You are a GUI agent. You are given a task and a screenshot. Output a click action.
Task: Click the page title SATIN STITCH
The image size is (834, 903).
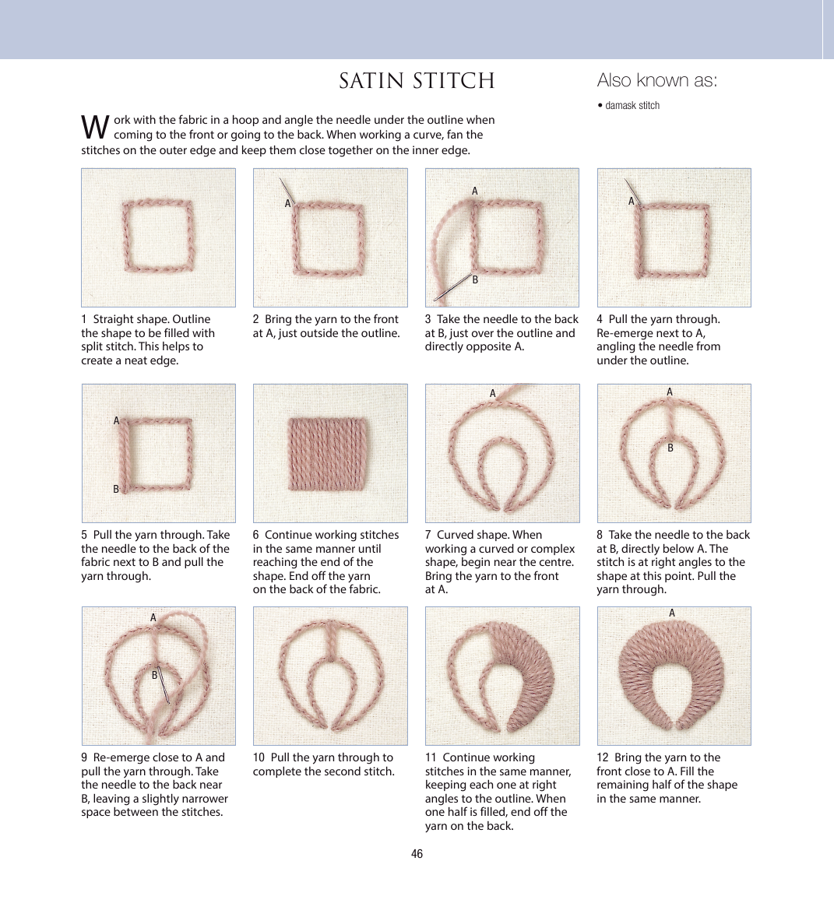pyautogui.click(x=417, y=81)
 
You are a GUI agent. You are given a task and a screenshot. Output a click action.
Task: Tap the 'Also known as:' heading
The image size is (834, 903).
pyautogui.click(x=657, y=80)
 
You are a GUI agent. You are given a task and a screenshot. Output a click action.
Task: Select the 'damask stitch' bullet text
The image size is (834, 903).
pyautogui.click(x=632, y=105)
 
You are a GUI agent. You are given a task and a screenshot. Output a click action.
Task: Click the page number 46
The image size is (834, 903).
pyautogui.click(x=417, y=853)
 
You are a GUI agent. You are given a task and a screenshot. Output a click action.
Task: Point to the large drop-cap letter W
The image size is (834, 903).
pyautogui.click(x=95, y=127)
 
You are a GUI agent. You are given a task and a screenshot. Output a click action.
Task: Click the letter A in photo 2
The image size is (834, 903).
pyautogui.click(x=288, y=203)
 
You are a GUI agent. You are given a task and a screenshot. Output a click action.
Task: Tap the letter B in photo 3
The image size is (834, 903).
pyautogui.click(x=475, y=280)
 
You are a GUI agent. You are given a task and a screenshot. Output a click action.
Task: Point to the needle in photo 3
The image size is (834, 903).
pyautogui.click(x=452, y=286)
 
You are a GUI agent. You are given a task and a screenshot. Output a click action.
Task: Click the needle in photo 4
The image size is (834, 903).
pyautogui.click(x=632, y=191)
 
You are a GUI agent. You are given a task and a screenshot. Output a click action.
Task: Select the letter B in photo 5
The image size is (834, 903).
pyautogui.click(x=116, y=489)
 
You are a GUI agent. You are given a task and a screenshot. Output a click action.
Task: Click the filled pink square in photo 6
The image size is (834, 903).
pyautogui.click(x=326, y=454)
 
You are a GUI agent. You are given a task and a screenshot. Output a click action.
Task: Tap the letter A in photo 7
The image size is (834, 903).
pyautogui.click(x=492, y=393)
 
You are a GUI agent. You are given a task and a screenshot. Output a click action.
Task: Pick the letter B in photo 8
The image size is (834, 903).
pyautogui.click(x=670, y=448)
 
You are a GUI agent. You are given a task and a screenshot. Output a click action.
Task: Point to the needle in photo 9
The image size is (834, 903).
pyautogui.click(x=164, y=683)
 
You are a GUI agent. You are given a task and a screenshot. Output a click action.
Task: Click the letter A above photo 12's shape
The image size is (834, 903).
pyautogui.click(x=671, y=613)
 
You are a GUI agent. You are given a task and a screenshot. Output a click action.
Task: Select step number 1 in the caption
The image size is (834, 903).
pyautogui.click(x=84, y=319)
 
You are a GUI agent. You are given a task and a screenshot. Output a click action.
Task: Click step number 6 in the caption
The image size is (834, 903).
pyautogui.click(x=255, y=535)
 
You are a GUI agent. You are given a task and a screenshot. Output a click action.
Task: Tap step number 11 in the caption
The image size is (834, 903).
pyautogui.click(x=431, y=758)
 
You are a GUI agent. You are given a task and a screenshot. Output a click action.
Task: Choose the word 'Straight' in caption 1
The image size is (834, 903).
pyautogui.click(x=113, y=320)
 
